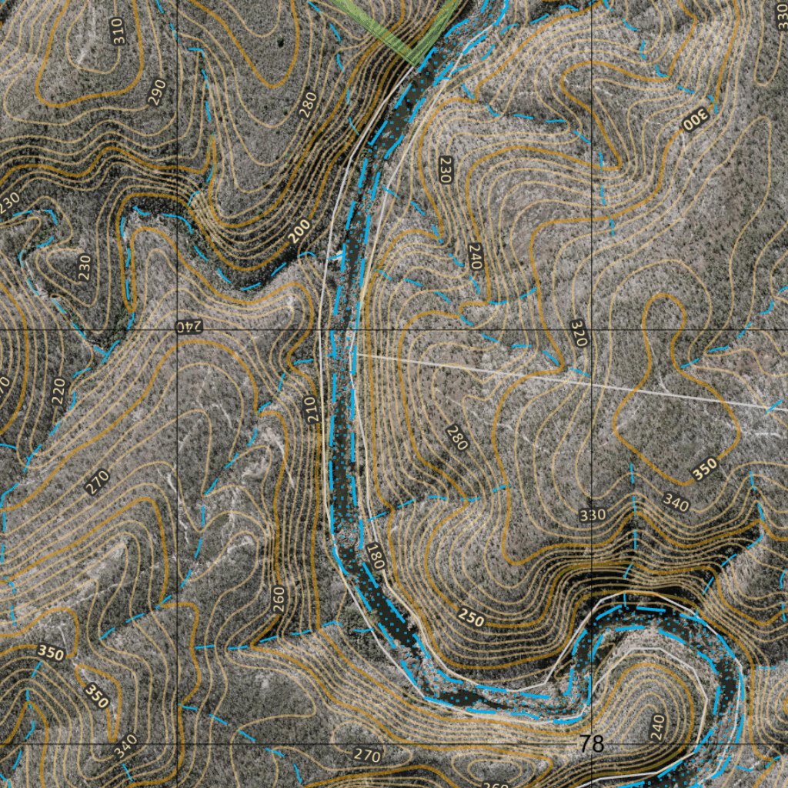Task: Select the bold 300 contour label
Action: [x=693, y=119]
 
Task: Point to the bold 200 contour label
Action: [x=302, y=230]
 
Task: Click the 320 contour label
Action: [x=579, y=332]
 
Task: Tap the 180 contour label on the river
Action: [x=375, y=556]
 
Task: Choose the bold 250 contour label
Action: [x=471, y=616]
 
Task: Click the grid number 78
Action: [x=592, y=744]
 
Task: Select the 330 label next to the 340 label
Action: [x=593, y=514]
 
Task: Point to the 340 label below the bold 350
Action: [x=675, y=504]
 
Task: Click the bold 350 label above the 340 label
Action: [x=703, y=469]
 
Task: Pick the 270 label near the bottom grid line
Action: [x=367, y=756]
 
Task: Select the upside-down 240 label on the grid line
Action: [x=189, y=326]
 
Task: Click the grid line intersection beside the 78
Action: [x=591, y=745]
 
